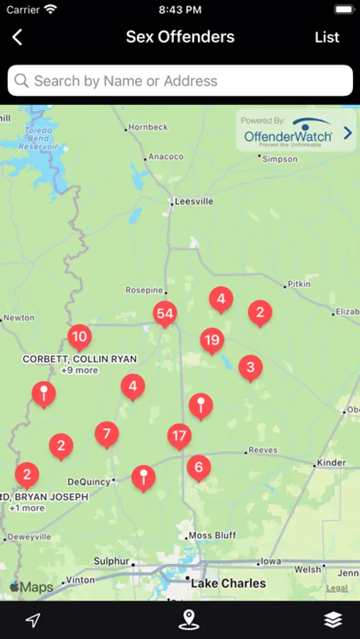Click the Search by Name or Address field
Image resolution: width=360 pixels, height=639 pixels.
(180, 81)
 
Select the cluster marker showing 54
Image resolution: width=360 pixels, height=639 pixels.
(165, 313)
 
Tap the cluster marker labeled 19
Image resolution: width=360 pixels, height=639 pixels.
(212, 340)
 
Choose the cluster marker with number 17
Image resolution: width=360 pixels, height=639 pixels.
(179, 435)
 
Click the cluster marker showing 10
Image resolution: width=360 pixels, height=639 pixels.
(80, 337)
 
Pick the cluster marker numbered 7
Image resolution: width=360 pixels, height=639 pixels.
(107, 433)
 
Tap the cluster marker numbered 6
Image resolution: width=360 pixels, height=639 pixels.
(199, 466)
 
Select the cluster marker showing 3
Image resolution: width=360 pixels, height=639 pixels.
(250, 367)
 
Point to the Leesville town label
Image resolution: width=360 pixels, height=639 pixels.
(194, 202)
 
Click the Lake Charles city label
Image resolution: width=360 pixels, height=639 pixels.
(228, 584)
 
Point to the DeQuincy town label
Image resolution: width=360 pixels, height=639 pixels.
(89, 481)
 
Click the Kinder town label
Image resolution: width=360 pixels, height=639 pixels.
(332, 463)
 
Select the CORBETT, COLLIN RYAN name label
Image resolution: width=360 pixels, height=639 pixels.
(80, 359)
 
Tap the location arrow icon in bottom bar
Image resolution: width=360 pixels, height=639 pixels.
(33, 620)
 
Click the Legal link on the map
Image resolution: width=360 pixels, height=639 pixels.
(337, 588)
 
